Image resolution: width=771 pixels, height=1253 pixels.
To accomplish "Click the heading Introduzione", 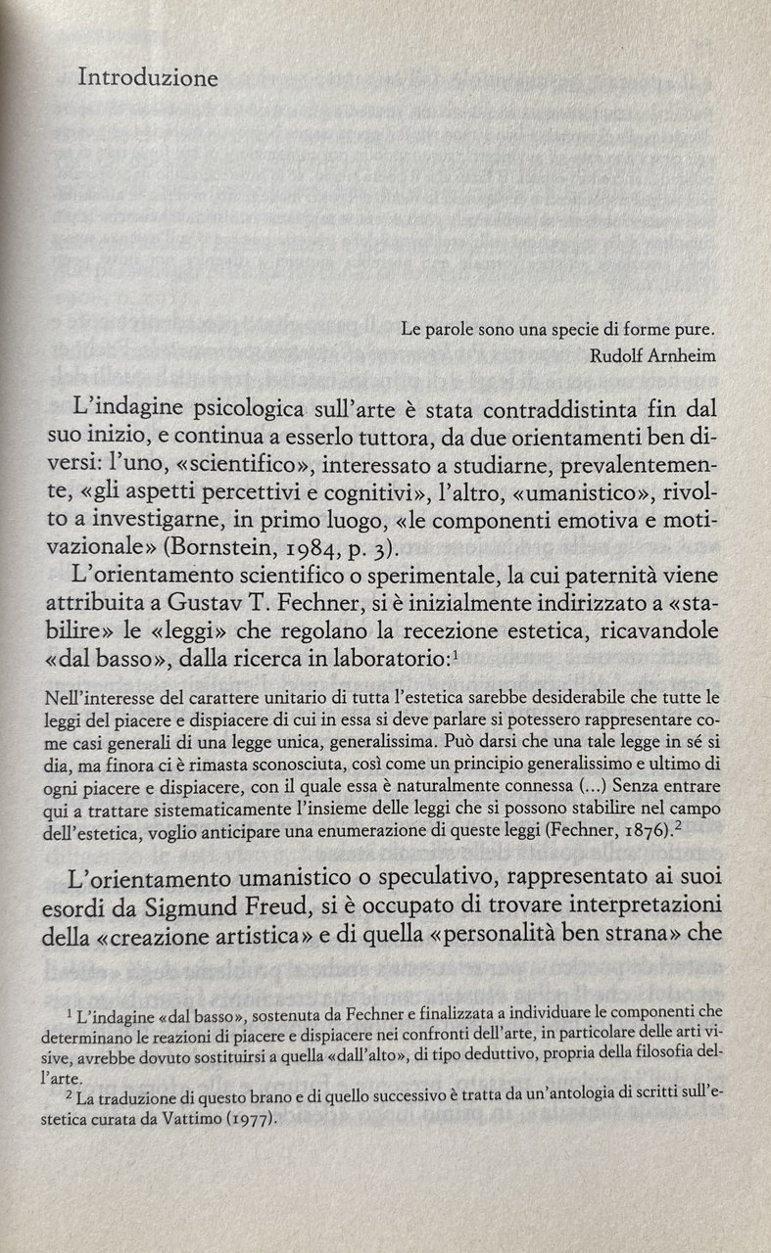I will coord(148,78).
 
